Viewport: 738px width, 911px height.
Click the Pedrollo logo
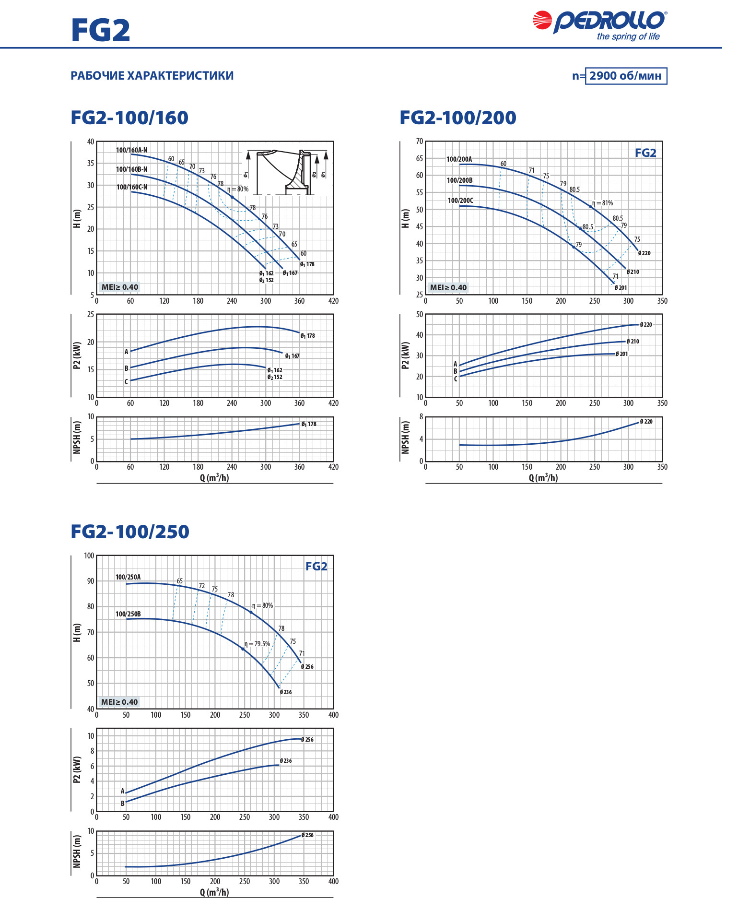[x=600, y=25]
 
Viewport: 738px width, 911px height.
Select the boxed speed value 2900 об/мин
[x=626, y=76]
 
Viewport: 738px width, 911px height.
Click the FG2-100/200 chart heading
[x=457, y=118]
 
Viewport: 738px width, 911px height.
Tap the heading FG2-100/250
[x=129, y=532]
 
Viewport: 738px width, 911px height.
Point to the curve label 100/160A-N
[x=131, y=150]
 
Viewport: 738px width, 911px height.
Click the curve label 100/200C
[x=460, y=201]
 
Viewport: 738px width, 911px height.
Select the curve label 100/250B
[x=128, y=614]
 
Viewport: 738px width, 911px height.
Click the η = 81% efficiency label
[x=602, y=203]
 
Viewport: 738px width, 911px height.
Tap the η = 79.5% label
[x=258, y=644]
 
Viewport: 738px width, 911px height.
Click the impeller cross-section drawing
[x=285, y=171]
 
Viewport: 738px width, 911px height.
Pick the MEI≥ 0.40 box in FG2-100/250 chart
[x=119, y=702]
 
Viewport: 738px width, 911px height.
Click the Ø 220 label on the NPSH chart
[x=646, y=422]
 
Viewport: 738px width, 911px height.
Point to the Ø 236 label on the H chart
[x=286, y=692]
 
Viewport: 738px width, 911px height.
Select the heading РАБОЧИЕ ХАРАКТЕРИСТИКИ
[x=152, y=76]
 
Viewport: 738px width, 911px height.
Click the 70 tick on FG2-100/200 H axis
[x=420, y=142]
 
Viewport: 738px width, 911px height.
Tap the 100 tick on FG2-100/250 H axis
[x=89, y=556]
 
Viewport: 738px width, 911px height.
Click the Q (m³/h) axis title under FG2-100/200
[x=543, y=478]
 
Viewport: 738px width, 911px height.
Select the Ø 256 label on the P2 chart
[x=307, y=740]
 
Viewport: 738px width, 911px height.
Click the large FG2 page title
[x=101, y=30]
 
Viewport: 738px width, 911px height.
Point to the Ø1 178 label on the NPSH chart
[x=308, y=424]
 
